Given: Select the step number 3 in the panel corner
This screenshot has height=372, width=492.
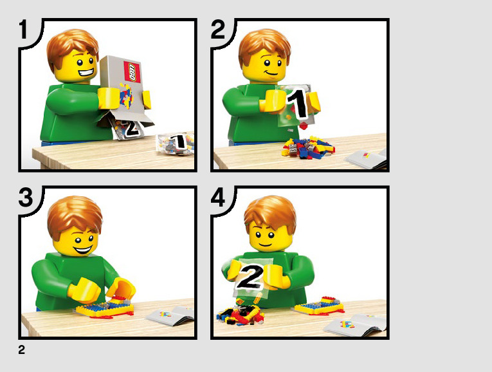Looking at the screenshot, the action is point(26,197).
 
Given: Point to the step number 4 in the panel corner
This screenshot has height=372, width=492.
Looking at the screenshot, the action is point(218,197).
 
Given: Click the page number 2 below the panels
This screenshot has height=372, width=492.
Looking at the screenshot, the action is point(21,349).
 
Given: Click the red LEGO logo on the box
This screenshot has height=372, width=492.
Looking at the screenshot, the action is point(132,71).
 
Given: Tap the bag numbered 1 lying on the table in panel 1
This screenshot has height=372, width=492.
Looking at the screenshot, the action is point(176,144).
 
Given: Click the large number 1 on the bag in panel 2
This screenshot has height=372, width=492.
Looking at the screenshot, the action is point(298,104).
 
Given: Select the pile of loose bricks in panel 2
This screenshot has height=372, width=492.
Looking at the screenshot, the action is point(308,147).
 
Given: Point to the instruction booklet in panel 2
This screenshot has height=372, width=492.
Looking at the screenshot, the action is point(367,158).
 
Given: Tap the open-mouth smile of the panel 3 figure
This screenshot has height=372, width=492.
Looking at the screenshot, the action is point(82,250).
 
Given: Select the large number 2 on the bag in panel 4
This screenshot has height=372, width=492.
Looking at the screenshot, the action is point(250,277).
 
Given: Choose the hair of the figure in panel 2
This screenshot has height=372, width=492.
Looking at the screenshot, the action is point(264,47).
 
